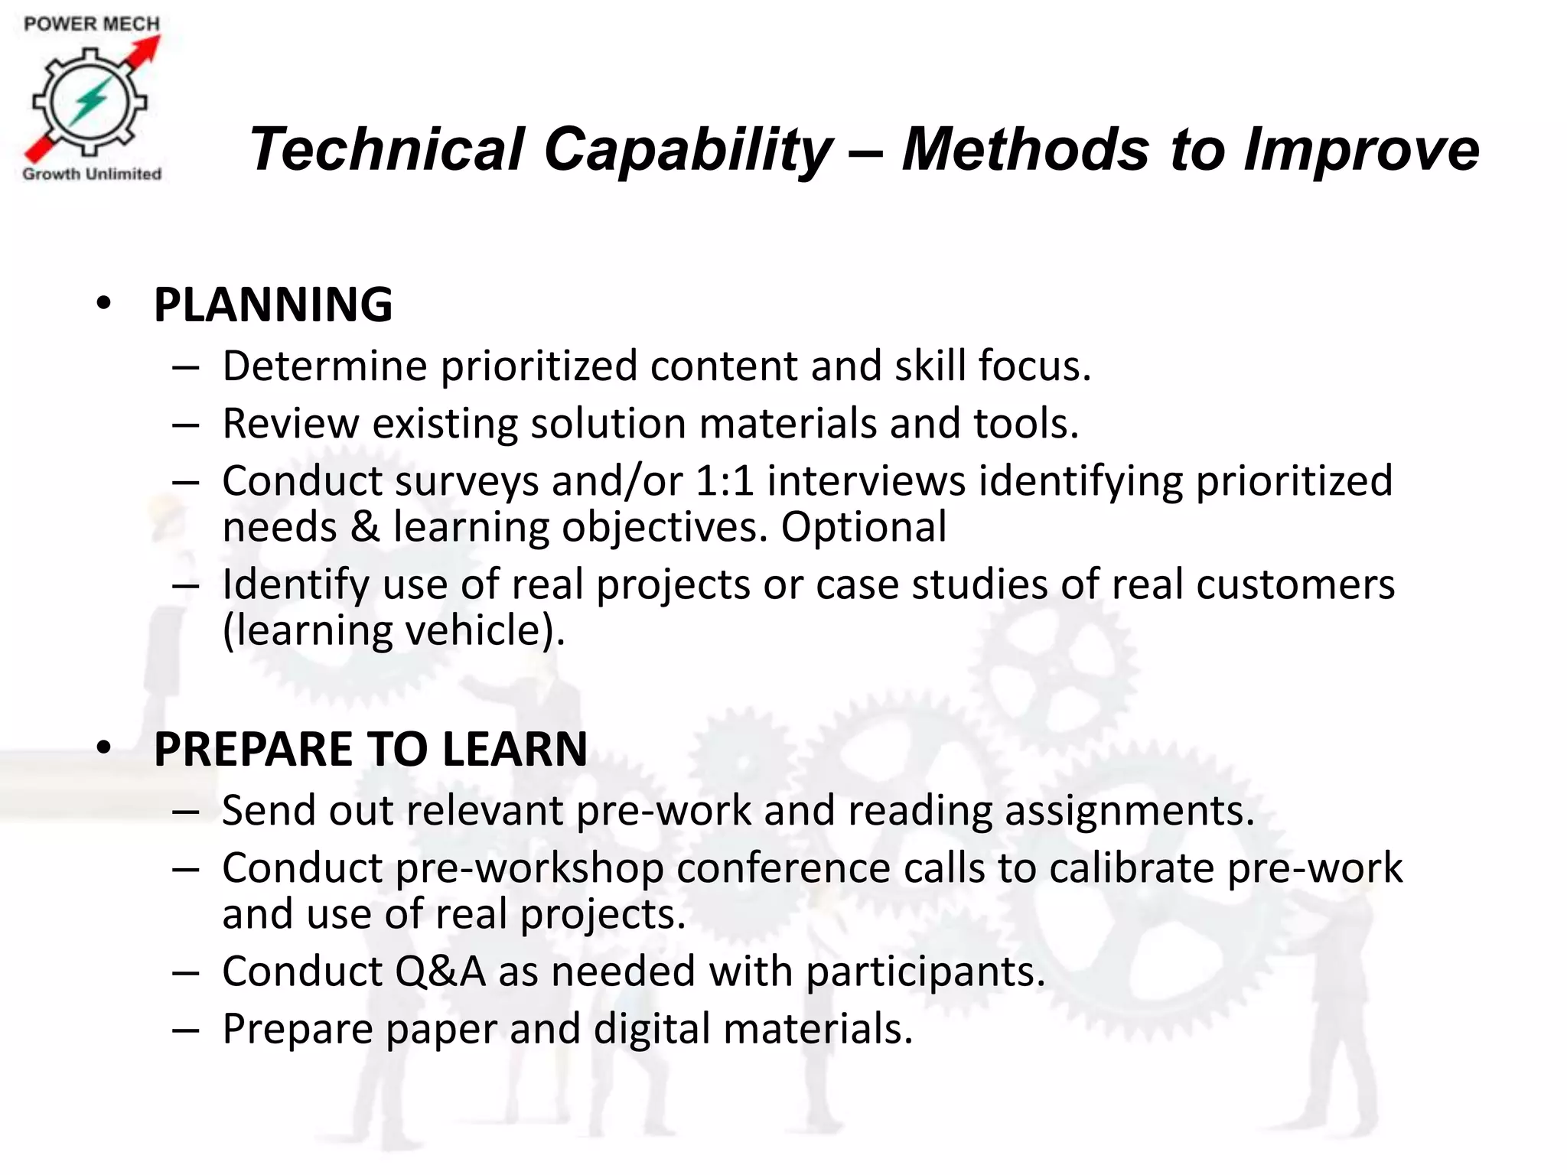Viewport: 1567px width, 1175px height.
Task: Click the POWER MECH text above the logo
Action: click(92, 24)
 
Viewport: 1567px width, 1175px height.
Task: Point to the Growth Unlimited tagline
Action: click(92, 174)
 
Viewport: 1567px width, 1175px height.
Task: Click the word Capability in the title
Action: click(686, 149)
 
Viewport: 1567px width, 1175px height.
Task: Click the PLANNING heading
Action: click(273, 304)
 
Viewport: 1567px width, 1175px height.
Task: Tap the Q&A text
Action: click(440, 971)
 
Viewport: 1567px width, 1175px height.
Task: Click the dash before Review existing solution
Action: click(186, 425)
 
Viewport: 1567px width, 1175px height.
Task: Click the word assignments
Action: click(1129, 810)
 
